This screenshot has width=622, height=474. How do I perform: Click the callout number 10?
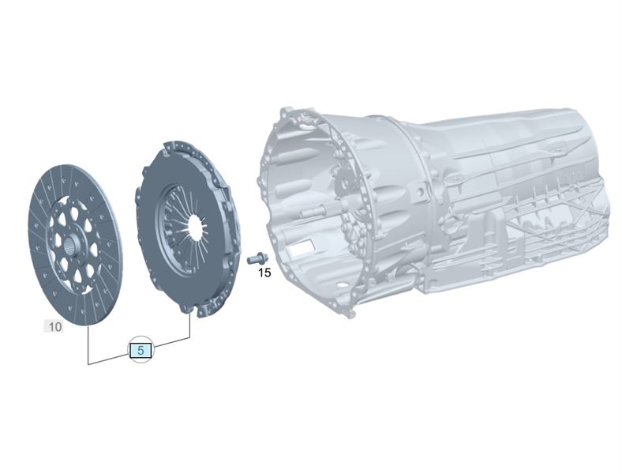tap(55, 327)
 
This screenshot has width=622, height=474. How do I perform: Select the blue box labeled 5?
tap(141, 351)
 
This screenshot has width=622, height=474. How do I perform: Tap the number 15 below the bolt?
tap(264, 273)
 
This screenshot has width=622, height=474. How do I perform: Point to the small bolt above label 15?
tap(257, 258)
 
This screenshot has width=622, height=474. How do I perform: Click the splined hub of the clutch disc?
tap(70, 246)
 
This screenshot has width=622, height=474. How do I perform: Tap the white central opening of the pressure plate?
tap(196, 227)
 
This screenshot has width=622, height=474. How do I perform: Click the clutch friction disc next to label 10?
tap(75, 246)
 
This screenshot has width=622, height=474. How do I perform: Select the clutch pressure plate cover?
tap(189, 228)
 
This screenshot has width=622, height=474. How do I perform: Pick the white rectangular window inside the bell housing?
tap(302, 247)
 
